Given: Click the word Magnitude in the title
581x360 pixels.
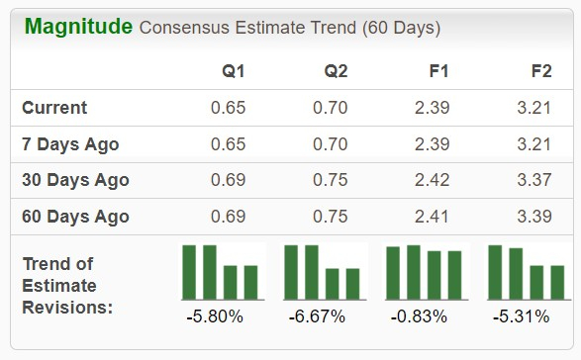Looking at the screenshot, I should coord(78,27).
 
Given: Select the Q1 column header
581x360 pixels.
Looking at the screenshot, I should coord(234,71).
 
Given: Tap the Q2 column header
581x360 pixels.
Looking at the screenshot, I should coord(336,71).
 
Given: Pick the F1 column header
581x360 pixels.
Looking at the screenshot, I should coord(438,71).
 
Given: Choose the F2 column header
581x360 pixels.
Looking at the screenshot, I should coord(541,71).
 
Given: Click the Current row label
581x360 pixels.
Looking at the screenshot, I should coord(54,108).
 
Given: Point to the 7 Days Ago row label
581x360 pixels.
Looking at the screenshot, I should coord(70,144).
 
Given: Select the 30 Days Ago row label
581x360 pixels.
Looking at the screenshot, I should coord(75,181).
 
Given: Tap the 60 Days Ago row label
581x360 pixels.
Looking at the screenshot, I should coord(75,217).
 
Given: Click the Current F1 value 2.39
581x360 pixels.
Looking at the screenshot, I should coord(433,108).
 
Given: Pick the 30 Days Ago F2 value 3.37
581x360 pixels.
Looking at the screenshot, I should coord(534,181).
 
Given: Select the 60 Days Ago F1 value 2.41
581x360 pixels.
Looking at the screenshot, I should coord(433,217).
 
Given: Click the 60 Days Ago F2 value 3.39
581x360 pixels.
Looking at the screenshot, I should coord(534,217).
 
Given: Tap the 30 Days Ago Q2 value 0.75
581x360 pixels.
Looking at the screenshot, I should coord(330,181).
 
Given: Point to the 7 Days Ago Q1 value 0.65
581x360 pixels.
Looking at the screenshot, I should coord(228,144).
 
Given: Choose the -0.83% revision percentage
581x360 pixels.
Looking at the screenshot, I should coord(419,317).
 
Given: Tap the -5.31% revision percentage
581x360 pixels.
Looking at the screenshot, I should coord(521,317).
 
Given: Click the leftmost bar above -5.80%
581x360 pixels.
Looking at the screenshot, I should coord(189,272).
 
